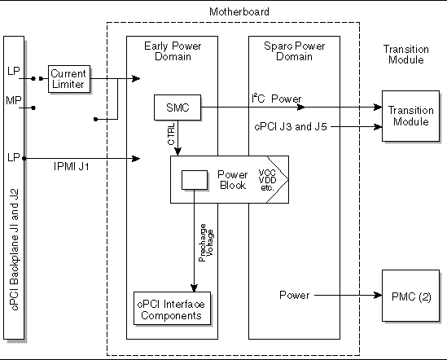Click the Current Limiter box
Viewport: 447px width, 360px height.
tap(69, 77)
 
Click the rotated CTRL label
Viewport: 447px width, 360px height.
tap(170, 134)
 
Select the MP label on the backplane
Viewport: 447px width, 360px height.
tap(14, 99)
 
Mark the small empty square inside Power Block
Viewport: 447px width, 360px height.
tap(194, 179)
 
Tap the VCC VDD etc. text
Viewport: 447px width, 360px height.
tap(267, 180)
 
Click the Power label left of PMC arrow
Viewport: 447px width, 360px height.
tap(294, 294)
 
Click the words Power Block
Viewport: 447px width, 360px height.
tap(232, 180)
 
